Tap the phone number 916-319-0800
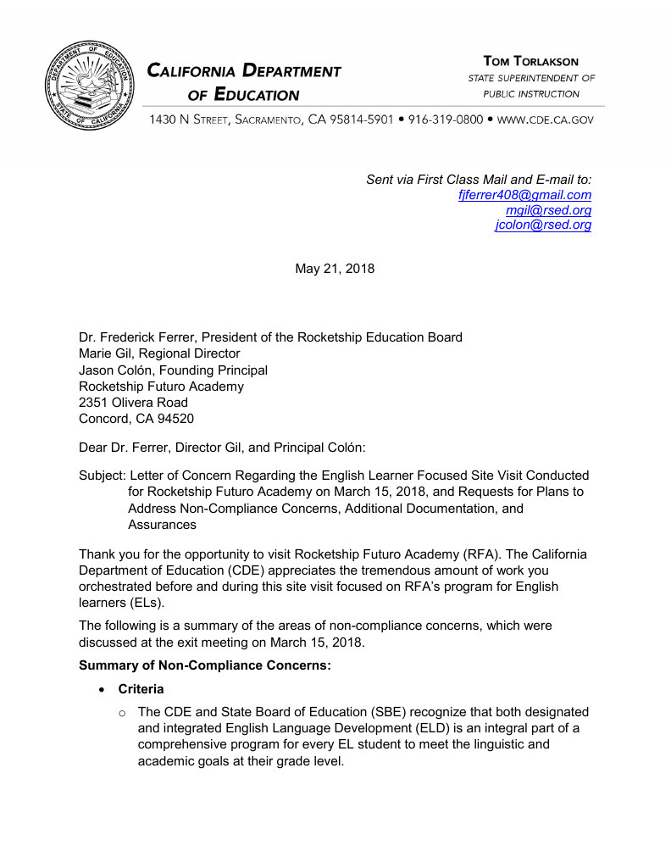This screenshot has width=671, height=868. [x=446, y=120]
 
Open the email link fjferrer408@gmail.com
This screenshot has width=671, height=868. [x=524, y=195]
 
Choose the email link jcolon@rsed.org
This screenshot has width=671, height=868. [x=543, y=225]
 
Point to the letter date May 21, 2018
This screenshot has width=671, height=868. [x=335, y=269]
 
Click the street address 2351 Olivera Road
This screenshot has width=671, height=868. [x=133, y=403]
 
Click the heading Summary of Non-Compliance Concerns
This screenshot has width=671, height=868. [x=204, y=665]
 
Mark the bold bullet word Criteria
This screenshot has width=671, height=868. [x=141, y=690]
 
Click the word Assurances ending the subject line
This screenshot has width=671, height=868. [x=162, y=525]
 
